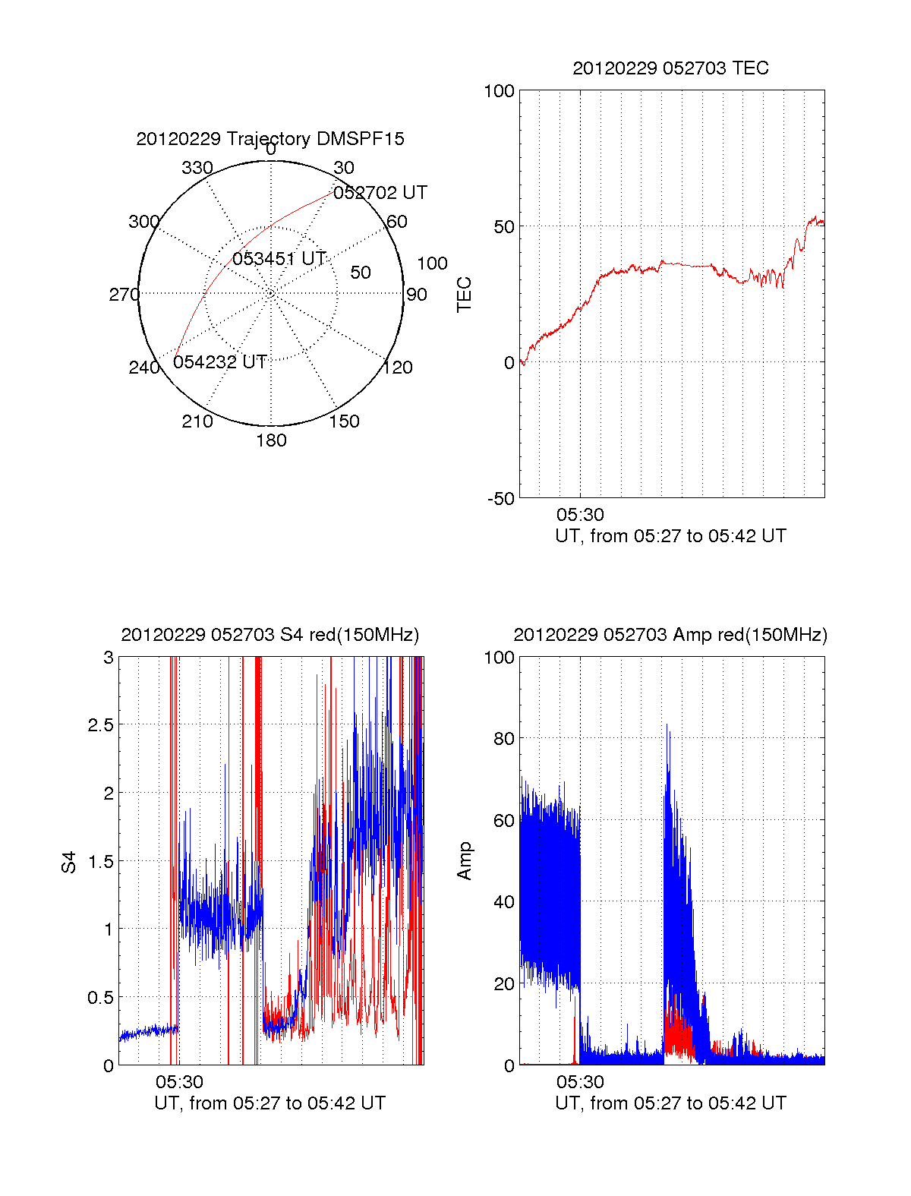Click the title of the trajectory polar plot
(270, 139)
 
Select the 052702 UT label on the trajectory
(380, 193)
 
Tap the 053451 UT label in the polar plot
(279, 259)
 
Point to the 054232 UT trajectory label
(220, 362)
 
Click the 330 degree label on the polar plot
(197, 168)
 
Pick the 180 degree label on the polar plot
(271, 440)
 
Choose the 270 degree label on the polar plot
(124, 295)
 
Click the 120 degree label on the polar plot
(398, 368)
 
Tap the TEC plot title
(670, 68)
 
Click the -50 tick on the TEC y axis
(501, 499)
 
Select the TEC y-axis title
(464, 295)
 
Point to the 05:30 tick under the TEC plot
(580, 516)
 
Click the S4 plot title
(270, 635)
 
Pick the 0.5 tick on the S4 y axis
(101, 998)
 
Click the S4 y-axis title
(69, 862)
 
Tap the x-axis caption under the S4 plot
(270, 1103)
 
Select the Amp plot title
(670, 635)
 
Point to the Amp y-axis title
(464, 861)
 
